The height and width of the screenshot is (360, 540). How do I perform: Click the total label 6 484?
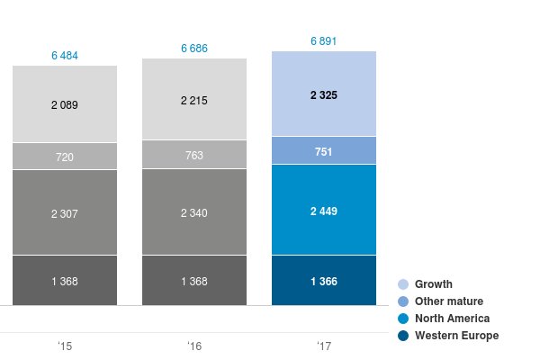click(x=65, y=56)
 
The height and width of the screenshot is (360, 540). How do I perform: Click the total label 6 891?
click(x=324, y=41)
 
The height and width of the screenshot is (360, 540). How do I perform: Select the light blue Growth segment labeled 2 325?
click(x=324, y=94)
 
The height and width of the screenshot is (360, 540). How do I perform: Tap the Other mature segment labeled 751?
click(x=324, y=150)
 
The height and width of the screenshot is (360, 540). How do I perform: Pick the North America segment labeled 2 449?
click(x=324, y=210)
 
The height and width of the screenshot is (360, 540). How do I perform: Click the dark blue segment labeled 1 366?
click(x=324, y=281)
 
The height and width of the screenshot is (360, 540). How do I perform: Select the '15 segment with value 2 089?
click(x=65, y=104)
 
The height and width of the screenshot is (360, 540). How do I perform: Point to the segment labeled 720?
click(x=65, y=157)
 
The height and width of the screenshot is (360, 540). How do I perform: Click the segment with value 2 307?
click(x=65, y=212)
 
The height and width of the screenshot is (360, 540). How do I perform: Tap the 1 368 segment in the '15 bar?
click(x=65, y=281)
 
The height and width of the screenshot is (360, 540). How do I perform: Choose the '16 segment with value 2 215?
click(x=194, y=100)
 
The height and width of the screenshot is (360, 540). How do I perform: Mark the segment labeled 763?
click(x=194, y=155)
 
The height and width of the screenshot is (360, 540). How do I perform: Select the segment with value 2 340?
click(x=194, y=212)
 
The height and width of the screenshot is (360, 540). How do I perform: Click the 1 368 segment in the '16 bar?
click(x=194, y=281)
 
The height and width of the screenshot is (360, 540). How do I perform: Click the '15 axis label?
click(x=65, y=346)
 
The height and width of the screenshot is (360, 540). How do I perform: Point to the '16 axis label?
click(x=194, y=346)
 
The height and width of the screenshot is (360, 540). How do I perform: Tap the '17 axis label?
click(x=324, y=346)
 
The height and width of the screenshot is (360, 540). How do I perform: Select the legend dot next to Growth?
click(x=403, y=284)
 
